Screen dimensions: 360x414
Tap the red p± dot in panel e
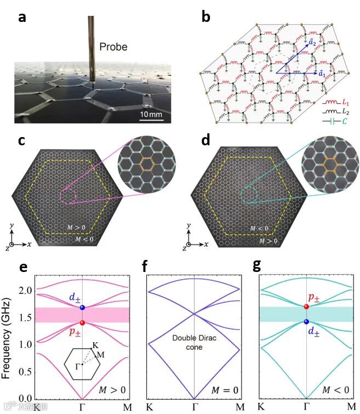point(82,323)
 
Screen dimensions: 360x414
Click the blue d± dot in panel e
point(82,308)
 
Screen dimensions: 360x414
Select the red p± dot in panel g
point(306,306)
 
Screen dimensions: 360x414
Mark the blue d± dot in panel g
point(306,321)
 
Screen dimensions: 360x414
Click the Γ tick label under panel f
point(195,407)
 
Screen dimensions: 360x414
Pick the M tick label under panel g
point(351,407)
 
